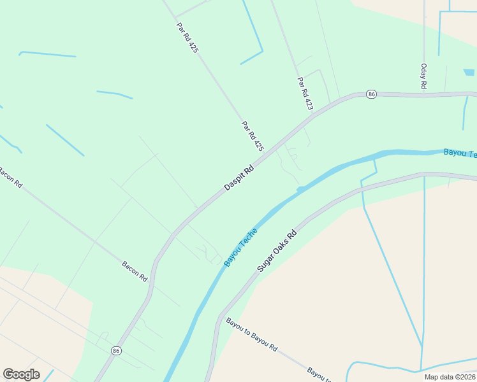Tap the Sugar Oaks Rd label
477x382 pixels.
click(277, 251)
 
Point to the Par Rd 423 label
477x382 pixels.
click(305, 94)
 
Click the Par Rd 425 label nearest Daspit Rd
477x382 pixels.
click(253, 136)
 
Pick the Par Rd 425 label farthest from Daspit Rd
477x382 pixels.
click(187, 38)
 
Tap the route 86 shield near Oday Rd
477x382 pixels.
click(372, 94)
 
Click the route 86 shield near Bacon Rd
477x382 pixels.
click(116, 350)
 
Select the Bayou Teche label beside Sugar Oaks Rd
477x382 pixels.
click(241, 247)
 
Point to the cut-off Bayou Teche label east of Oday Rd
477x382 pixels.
click(460, 153)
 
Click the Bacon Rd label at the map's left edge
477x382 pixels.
click(10, 176)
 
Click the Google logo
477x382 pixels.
click(21, 374)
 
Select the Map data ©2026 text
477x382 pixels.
click(450, 377)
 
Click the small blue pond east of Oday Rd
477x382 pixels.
click(469, 73)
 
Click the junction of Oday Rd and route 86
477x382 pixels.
click(424, 94)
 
